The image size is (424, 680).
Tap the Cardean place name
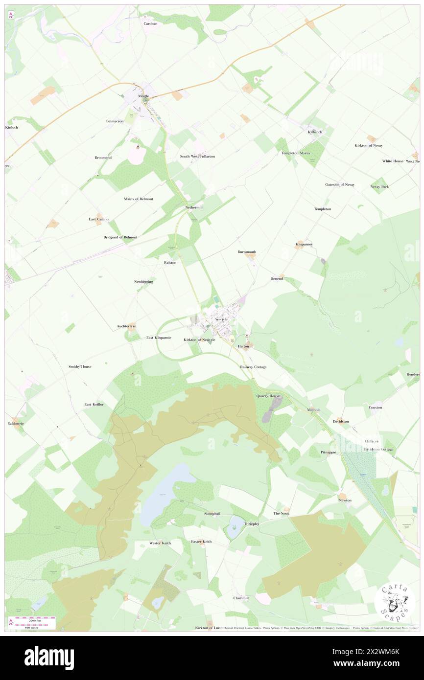(150, 23)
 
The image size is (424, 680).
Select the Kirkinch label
(315, 132)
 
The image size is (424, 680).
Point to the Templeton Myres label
(296, 153)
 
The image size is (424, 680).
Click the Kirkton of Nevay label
(369, 145)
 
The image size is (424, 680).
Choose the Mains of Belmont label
(138, 199)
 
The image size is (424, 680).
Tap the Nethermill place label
(194, 207)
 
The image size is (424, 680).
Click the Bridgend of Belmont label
(120, 237)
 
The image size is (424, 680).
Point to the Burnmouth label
(247, 252)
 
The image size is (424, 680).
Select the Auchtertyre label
(127, 326)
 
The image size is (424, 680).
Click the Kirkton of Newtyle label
(199, 340)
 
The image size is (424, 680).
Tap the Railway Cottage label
(253, 366)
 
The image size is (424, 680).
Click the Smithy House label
(80, 366)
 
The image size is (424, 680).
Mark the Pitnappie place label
(329, 452)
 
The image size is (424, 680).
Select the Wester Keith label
(160, 543)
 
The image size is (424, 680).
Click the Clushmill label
(241, 598)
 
